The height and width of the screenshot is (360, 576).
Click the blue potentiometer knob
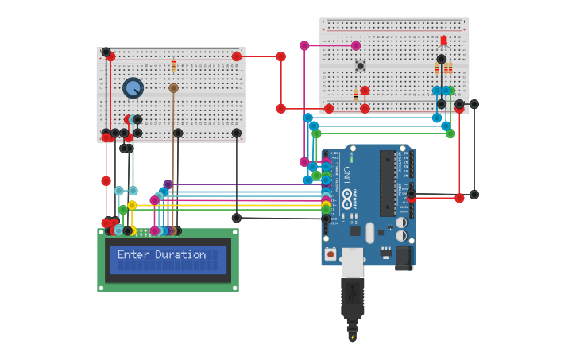click(133, 87)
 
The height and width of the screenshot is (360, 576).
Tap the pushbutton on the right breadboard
click(360, 66)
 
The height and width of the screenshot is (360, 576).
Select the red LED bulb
click(443, 41)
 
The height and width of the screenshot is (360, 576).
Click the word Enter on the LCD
click(133, 255)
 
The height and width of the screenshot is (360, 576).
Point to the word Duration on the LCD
click(180, 255)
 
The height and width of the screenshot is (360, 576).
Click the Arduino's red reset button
click(331, 254)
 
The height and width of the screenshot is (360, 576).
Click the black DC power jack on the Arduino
click(404, 257)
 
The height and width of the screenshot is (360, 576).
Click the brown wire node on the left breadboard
click(173, 88)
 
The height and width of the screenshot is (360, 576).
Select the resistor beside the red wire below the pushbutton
click(356, 96)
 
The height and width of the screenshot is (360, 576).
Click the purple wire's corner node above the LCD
click(168, 184)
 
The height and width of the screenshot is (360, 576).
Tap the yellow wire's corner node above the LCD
click(132, 205)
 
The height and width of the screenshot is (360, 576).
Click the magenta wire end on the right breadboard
click(356, 45)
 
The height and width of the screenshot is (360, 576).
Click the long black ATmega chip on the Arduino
click(388, 183)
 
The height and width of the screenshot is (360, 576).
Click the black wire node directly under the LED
click(442, 59)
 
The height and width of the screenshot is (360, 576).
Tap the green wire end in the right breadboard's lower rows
click(450, 91)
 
